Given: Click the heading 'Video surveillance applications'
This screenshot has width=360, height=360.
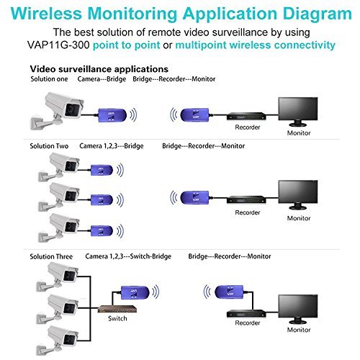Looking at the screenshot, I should pos(96,68).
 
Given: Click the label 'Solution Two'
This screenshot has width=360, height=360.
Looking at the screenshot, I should pos(49,146).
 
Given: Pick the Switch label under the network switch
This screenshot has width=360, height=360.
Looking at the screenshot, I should pos(119,318).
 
